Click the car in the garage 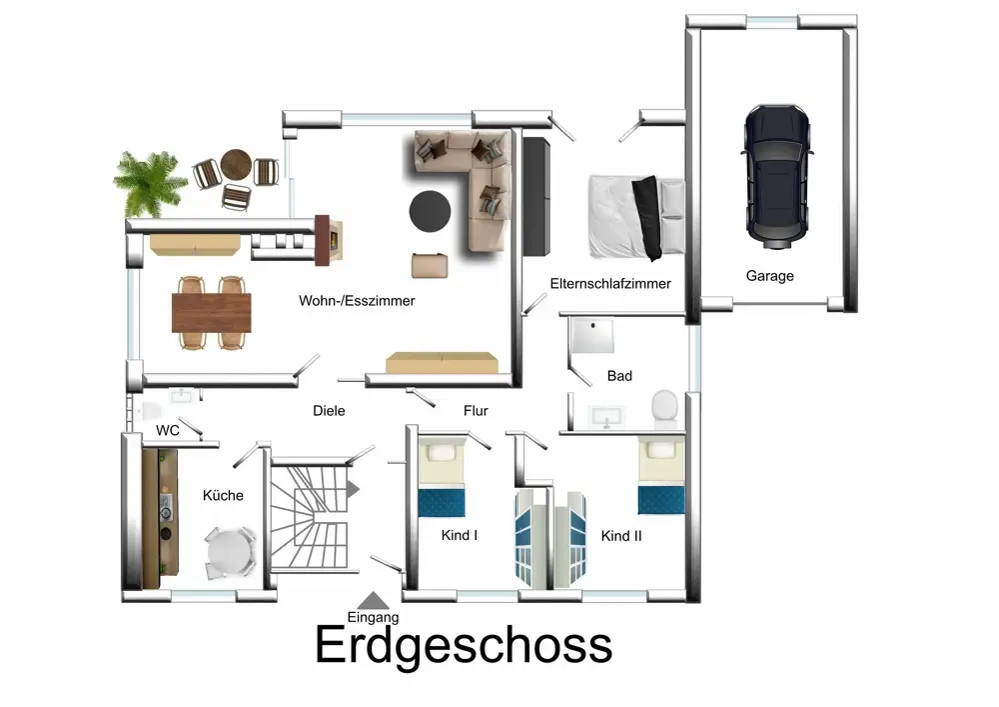click(x=776, y=177)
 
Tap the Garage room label click(x=769, y=276)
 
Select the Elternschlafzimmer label click(x=610, y=284)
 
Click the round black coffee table click(x=430, y=211)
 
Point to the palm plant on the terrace click(x=150, y=183)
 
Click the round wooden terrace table click(x=237, y=165)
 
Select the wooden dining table click(x=212, y=312)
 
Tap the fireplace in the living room click(x=329, y=239)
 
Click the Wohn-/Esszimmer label click(x=357, y=301)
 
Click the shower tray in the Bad click(x=592, y=335)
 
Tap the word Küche click(x=223, y=495)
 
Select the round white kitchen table click(x=229, y=551)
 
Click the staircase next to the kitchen click(x=311, y=516)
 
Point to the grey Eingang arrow click(x=374, y=601)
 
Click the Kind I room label click(x=460, y=536)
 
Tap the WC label click(x=168, y=430)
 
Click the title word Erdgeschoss click(x=464, y=645)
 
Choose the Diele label click(x=329, y=411)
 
